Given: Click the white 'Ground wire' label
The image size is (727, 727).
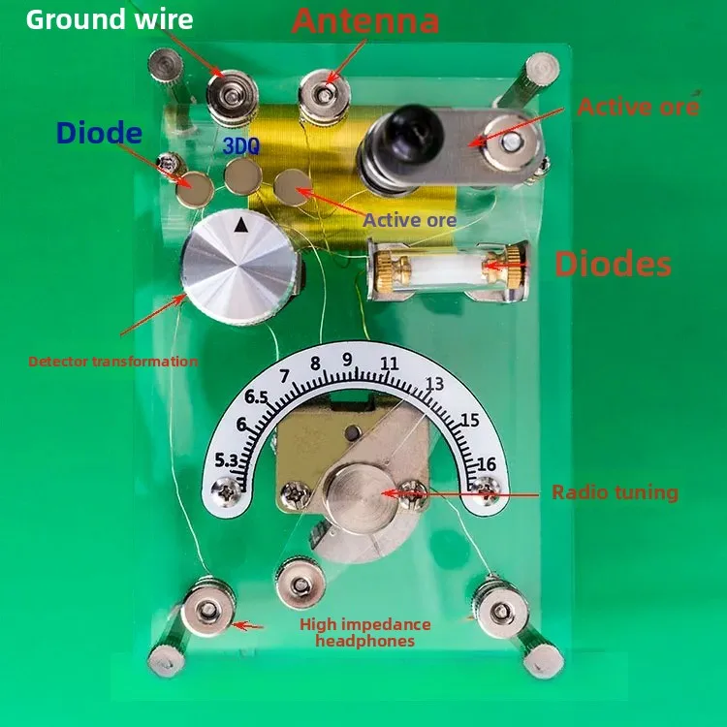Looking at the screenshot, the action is [x=110, y=19].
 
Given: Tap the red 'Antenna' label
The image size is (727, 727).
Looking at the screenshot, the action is [x=365, y=20].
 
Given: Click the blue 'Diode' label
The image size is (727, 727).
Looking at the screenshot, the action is [x=99, y=132].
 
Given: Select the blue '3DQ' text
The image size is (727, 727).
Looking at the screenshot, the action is [x=241, y=145].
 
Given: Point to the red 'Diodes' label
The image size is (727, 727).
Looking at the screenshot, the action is [x=613, y=264].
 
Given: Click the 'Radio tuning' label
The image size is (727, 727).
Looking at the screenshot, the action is [x=615, y=492].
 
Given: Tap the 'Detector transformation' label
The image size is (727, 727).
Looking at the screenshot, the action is [x=113, y=362].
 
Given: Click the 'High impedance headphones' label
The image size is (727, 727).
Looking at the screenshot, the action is [x=364, y=632].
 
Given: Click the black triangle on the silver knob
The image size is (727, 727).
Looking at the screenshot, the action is [x=240, y=225].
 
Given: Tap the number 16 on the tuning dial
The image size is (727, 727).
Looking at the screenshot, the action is [x=487, y=463].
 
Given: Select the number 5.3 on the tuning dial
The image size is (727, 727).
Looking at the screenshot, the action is [x=226, y=460].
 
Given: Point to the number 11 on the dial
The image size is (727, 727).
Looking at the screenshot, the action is [x=390, y=363].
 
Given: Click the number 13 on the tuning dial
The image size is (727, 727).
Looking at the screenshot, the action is [x=434, y=384].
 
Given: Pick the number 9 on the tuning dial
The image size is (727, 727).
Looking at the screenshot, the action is [x=347, y=360].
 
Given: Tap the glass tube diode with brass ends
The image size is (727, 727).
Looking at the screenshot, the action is [x=448, y=269].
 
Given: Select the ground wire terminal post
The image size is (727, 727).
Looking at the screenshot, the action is [x=232, y=98].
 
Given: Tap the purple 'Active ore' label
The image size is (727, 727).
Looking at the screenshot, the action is [x=409, y=220].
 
